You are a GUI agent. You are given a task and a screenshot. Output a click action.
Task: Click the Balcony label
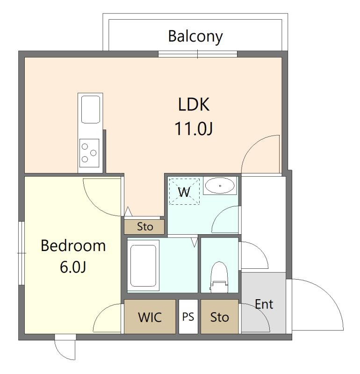[195, 37]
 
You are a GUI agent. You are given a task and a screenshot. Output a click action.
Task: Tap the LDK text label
[194, 104]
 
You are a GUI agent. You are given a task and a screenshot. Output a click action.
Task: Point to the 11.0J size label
[194, 129]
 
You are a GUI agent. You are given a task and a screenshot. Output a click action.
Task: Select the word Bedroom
[73, 245]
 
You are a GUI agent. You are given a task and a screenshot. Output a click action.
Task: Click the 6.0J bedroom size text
[73, 267]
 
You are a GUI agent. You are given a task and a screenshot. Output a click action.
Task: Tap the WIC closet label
[150, 317]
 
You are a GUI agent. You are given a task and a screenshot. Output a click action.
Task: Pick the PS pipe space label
[188, 317]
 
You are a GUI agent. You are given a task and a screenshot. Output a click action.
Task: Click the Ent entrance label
[264, 304]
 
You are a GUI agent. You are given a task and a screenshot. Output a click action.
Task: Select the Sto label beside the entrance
[219, 317]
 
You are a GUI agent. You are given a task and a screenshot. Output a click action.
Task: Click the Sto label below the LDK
[145, 227]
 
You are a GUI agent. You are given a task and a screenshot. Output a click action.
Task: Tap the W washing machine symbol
[184, 192]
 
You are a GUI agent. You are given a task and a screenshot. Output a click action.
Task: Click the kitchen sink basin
[90, 109]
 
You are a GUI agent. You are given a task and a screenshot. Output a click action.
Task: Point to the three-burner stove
[89, 153]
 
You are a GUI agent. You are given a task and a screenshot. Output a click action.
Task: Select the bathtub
[143, 266]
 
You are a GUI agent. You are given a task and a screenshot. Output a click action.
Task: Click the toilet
[219, 277]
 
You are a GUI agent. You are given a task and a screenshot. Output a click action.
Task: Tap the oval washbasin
[220, 186]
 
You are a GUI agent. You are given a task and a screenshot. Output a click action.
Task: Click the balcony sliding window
[198, 54]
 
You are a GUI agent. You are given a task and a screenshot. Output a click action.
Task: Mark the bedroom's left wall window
[22, 253]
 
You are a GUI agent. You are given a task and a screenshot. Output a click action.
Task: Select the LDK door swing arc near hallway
[253, 147]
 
